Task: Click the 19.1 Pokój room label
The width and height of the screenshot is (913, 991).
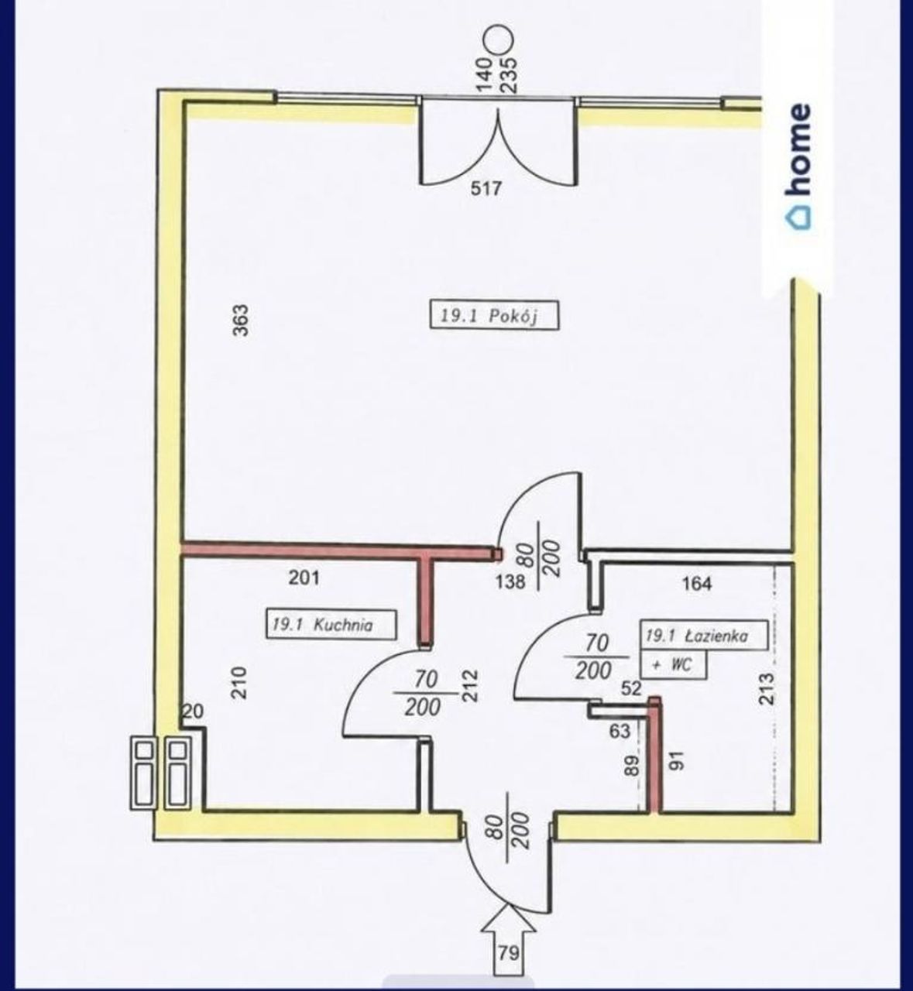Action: click(494, 314)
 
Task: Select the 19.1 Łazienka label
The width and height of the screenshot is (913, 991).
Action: click(704, 636)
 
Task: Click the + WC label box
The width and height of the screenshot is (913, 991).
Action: click(674, 664)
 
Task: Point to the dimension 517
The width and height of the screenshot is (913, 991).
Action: click(486, 188)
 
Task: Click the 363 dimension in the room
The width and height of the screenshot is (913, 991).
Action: click(240, 320)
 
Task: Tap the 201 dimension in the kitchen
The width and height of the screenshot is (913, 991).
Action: click(304, 577)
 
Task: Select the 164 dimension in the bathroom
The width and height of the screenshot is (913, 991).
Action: click(697, 584)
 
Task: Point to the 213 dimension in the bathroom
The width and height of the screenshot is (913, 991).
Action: click(766, 689)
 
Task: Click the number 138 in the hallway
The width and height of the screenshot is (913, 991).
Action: click(510, 581)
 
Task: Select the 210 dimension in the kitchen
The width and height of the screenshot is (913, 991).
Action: click(239, 683)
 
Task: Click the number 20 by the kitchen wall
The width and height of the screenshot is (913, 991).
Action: click(194, 712)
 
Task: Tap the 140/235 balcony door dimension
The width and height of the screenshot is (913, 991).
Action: click(498, 76)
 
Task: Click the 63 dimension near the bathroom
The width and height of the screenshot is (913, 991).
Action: click(620, 731)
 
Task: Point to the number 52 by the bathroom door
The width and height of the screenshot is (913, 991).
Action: click(631, 688)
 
